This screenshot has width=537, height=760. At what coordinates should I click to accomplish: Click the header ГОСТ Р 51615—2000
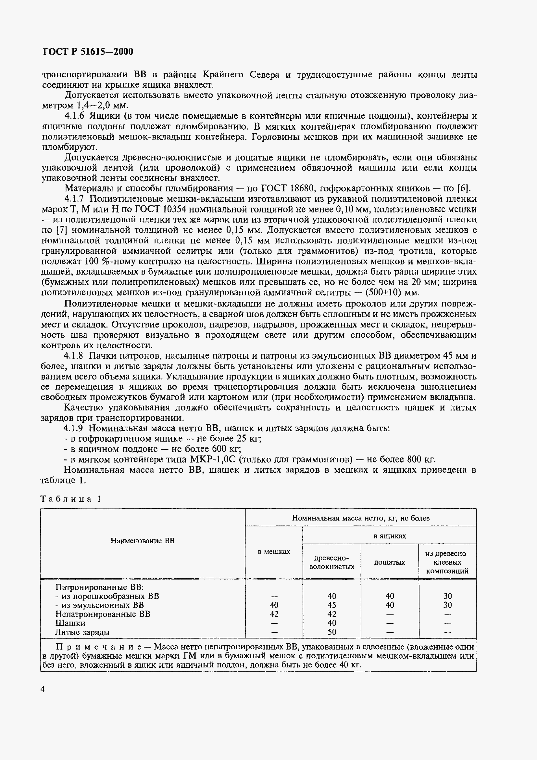88,52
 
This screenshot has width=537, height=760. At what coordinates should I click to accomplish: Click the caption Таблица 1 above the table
70,499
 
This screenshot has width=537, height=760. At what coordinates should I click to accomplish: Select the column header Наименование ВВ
143,541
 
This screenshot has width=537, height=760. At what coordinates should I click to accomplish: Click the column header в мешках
274,551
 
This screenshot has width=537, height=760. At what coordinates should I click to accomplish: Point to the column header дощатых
390,562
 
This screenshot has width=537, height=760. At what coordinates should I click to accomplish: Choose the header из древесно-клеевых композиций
447,562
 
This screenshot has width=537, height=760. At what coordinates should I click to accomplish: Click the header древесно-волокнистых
332,562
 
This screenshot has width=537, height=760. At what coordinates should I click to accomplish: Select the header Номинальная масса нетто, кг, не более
360,518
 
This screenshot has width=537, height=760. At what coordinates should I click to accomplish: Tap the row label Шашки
70,623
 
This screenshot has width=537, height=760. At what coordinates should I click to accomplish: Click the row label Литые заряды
82,632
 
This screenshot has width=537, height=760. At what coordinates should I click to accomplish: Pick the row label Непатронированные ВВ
103,614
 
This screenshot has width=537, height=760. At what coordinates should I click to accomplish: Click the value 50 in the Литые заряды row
332,632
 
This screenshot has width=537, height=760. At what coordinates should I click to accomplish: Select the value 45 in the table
332,605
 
